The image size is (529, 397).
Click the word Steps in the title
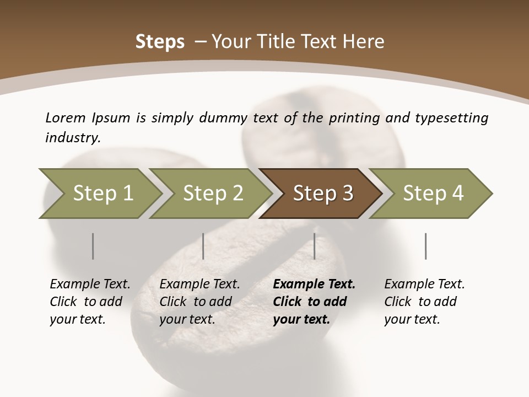(x=160, y=42)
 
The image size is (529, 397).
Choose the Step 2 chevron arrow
(x=213, y=194)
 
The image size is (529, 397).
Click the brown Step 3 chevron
(x=323, y=194)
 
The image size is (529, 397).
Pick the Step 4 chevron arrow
(x=433, y=194)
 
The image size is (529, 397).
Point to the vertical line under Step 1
(x=93, y=246)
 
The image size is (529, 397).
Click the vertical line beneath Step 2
(x=203, y=246)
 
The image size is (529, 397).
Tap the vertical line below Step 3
(x=315, y=246)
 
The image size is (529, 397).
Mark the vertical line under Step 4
(x=426, y=246)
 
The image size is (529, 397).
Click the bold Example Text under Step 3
(x=314, y=302)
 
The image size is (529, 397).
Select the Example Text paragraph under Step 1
(x=90, y=302)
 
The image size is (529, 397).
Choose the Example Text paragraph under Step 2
(x=199, y=302)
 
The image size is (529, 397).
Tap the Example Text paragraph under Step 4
(x=424, y=302)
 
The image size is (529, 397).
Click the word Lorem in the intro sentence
(x=65, y=117)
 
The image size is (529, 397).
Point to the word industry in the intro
(x=73, y=138)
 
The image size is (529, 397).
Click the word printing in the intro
(x=355, y=118)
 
